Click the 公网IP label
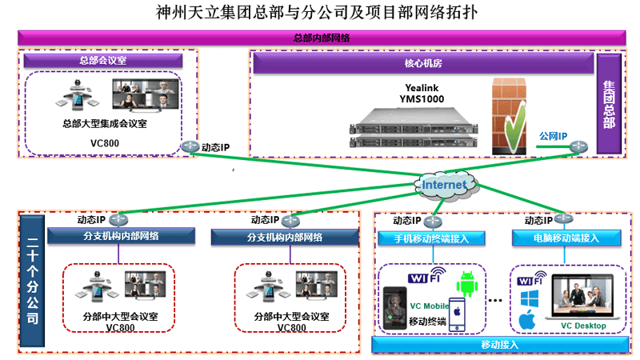tap(553, 136)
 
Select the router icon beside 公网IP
tap(579, 147)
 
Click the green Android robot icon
tap(468, 283)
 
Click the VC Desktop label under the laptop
tap(583, 326)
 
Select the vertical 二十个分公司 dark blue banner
tap(31, 280)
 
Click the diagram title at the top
tap(320, 14)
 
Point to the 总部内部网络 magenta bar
tap(320, 38)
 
